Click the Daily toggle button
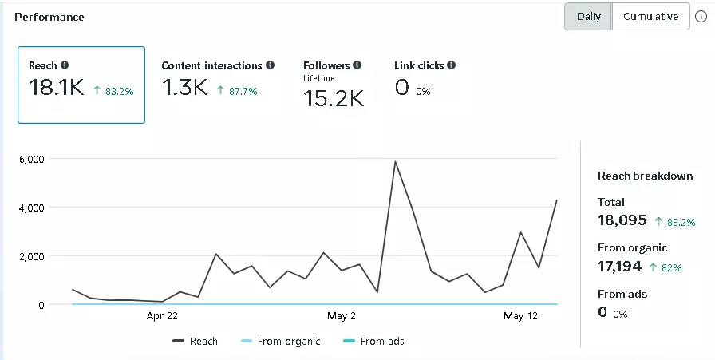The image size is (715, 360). tap(588, 17)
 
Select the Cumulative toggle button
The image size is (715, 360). tap(650, 17)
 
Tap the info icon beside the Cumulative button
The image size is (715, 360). tap(701, 17)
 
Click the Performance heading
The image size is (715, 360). tap(49, 17)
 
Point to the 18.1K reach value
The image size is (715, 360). tap(56, 89)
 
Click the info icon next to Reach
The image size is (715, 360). tap(65, 65)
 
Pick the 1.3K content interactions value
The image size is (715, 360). tap(184, 89)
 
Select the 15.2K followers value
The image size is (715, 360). tap(334, 99)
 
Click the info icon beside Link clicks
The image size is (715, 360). tap(451, 65)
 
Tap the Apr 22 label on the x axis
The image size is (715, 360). tap(162, 316)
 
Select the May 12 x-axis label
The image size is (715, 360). tap(519, 316)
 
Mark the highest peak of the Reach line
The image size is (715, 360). tap(395, 161)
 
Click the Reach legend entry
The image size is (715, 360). tap(196, 342)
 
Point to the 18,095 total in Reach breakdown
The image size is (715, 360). tap(622, 220)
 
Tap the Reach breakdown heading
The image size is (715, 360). tap(645, 176)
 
